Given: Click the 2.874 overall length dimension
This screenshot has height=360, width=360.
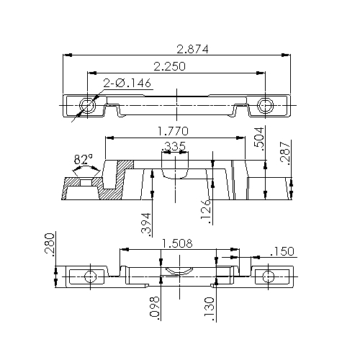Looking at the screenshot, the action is pyautogui.click(x=192, y=49).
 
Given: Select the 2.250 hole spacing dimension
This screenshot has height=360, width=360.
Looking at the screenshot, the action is pyautogui.click(x=169, y=66).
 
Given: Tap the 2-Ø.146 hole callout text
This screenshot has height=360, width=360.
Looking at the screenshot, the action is pyautogui.click(x=127, y=83).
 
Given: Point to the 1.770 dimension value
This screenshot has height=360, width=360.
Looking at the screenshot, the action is pyautogui.click(x=173, y=131).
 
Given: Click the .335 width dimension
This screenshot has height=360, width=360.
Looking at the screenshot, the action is pyautogui.click(x=174, y=146).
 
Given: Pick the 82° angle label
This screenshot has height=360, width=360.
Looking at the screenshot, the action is pyautogui.click(x=84, y=160).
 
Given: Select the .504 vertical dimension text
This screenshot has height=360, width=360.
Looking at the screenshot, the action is pyautogui.click(x=259, y=139).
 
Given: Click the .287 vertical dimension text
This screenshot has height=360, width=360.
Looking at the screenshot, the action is pyautogui.click(x=286, y=153).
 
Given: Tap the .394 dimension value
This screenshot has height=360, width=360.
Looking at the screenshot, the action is pyautogui.click(x=146, y=225).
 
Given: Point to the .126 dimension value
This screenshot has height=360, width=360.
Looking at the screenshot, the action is pyautogui.click(x=206, y=212).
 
